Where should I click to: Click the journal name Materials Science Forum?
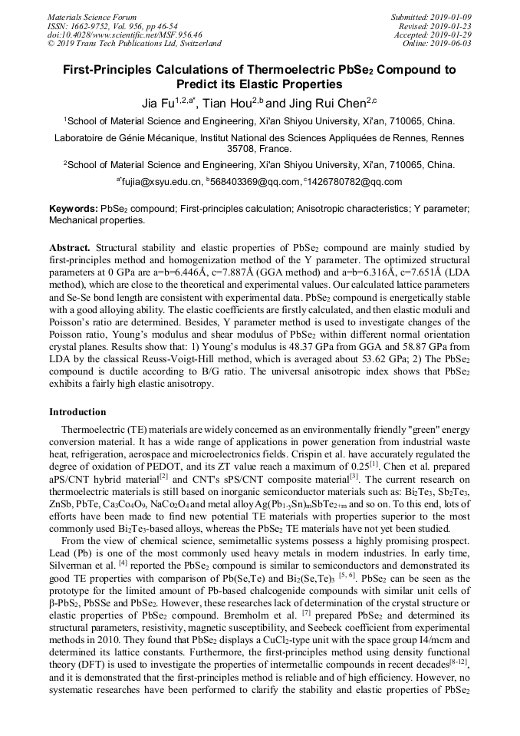point(92,17)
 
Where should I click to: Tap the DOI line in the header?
point(124,35)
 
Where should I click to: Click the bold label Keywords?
point(73,209)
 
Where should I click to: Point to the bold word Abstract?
point(70,248)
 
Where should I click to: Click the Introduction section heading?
point(77,412)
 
